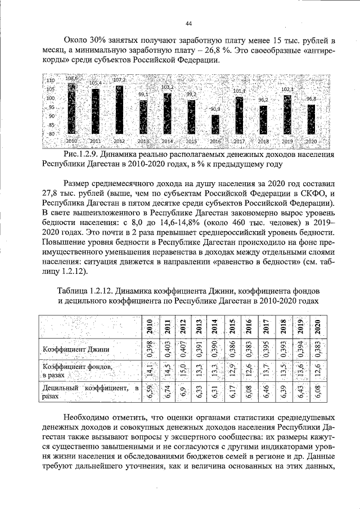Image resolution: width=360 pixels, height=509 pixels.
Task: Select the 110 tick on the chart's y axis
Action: (49, 81)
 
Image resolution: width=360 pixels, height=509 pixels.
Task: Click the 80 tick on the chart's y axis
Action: (51, 133)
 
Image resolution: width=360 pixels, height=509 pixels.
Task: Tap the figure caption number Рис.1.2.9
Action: (83, 154)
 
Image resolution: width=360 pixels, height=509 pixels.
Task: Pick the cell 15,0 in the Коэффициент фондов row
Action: (183, 371)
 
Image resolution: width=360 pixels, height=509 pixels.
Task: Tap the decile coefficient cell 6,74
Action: (166, 391)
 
